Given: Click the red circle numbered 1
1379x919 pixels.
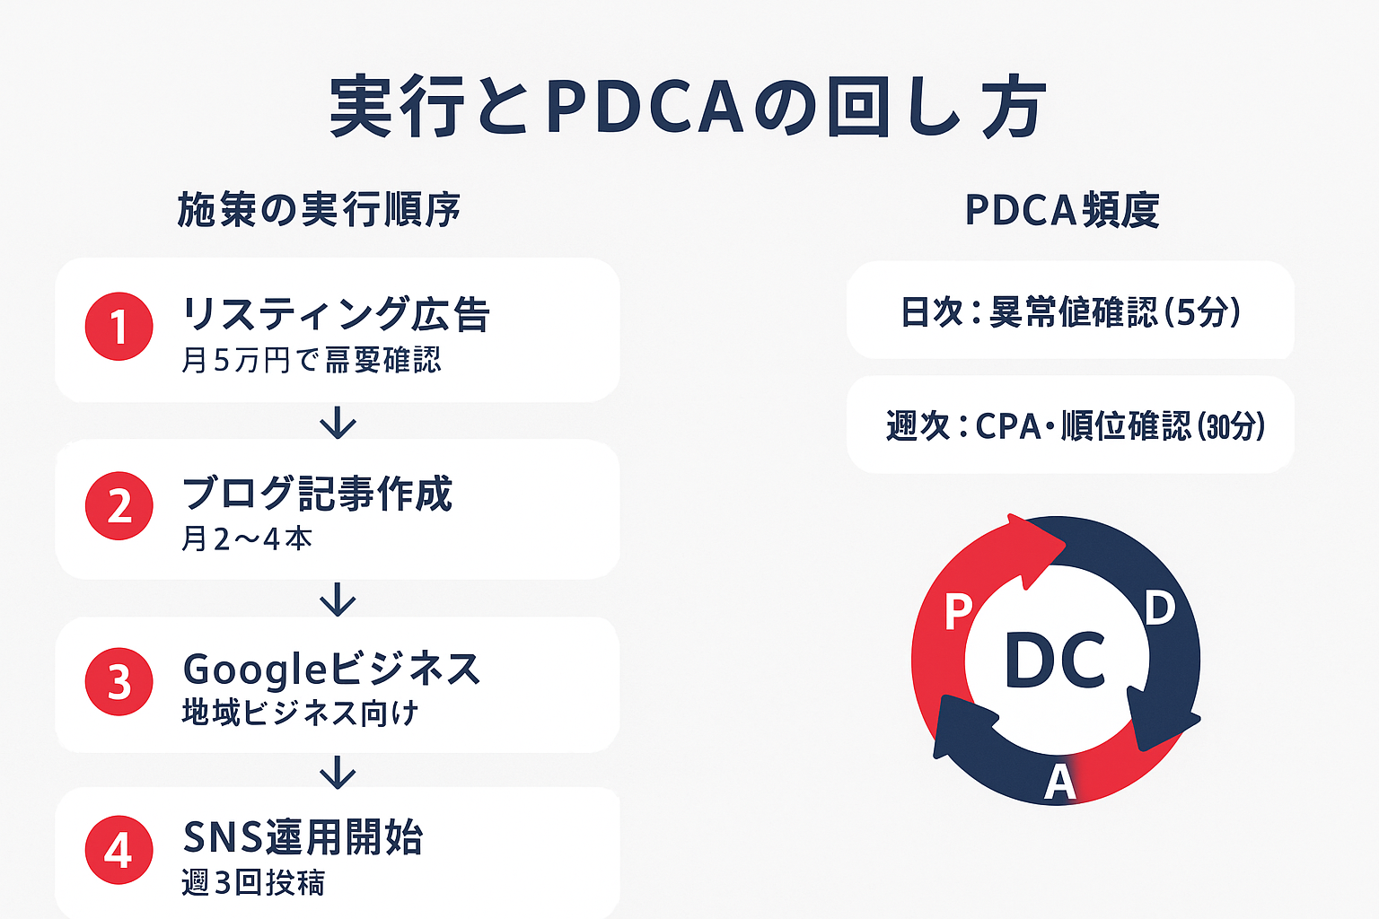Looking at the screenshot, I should [x=119, y=327].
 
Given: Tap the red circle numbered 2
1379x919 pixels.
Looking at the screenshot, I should [x=119, y=506].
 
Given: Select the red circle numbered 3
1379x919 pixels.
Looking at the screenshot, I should [x=119, y=682].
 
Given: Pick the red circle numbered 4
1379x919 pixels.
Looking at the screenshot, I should [x=119, y=850].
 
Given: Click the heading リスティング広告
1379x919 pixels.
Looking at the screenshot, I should [x=336, y=315].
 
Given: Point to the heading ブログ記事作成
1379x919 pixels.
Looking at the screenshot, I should [x=317, y=494].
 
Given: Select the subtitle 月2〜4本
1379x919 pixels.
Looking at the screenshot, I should [x=247, y=538].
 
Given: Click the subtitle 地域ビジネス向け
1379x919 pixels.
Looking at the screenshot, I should [x=300, y=713].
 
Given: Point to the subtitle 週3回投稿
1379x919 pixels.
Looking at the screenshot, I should [x=253, y=882].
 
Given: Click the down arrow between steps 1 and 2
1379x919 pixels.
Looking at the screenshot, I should [x=338, y=422].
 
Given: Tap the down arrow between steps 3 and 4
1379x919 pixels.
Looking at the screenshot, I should [x=338, y=772].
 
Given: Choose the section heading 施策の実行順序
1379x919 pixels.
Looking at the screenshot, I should [x=319, y=210].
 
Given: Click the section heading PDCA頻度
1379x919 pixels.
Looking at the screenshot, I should [x=1062, y=210].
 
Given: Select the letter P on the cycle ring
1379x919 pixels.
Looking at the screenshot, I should [x=958, y=613].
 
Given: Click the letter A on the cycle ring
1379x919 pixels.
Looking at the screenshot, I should [x=1059, y=783].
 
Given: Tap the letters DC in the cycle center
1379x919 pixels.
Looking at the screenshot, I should [x=1055, y=661].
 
